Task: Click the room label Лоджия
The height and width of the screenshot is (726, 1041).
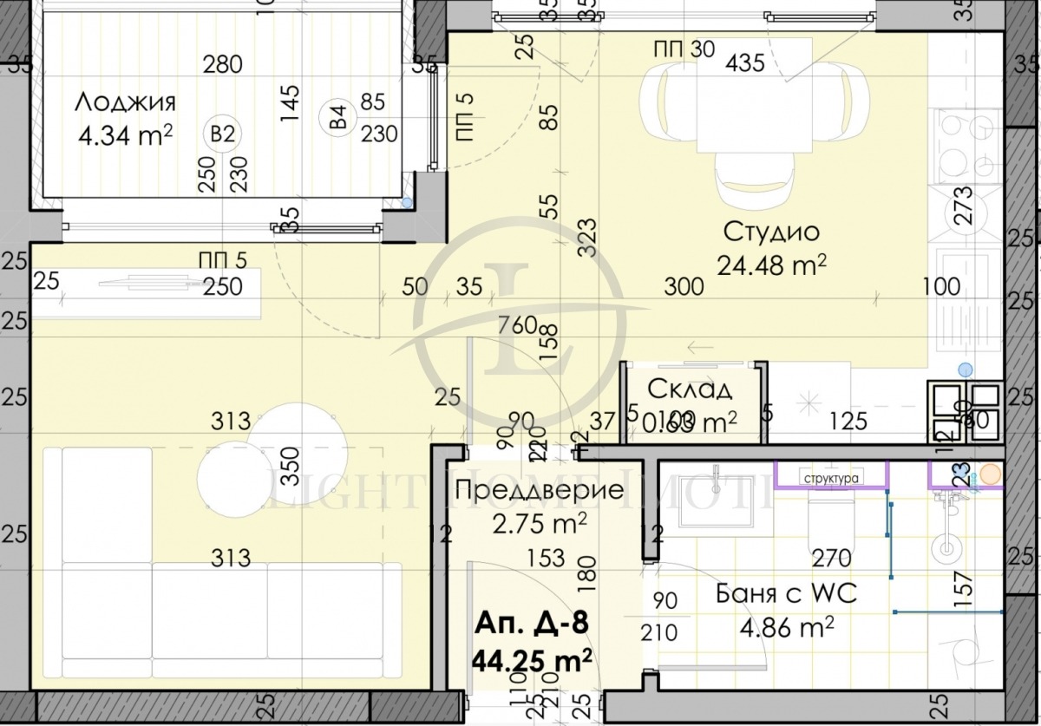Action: point(125,101)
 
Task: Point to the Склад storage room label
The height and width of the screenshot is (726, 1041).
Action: point(690,389)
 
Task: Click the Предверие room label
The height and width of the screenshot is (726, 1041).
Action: point(539,491)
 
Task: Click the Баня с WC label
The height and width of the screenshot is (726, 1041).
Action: point(786,594)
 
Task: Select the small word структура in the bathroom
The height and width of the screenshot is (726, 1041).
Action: point(831,478)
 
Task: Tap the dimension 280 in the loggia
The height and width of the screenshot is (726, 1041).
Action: point(222,63)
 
